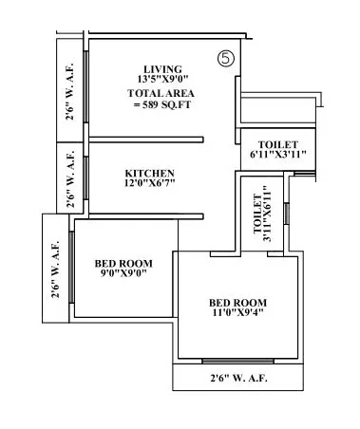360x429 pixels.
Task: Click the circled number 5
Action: pos(224,58)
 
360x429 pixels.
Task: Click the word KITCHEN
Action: pos(151,173)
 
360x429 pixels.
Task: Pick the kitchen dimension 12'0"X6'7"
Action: pos(151,185)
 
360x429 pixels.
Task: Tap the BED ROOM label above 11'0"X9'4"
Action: pos(238,304)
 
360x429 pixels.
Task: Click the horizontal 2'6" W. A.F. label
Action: pos(239,380)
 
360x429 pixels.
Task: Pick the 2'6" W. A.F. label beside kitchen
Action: pos(68,176)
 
